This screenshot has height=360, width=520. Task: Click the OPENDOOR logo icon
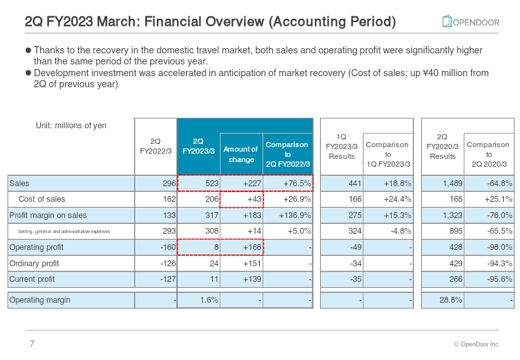pyautogui.click(x=446, y=21)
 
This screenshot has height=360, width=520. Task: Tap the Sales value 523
pyautogui.click(x=212, y=183)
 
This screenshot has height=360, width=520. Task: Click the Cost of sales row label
pyautogui.click(x=42, y=199)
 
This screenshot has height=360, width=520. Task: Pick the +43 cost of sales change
pyautogui.click(x=254, y=199)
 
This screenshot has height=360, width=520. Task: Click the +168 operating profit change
pyautogui.click(x=252, y=247)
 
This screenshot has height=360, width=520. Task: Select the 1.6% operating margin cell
pyautogui.click(x=209, y=300)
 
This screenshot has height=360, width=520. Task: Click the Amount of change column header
pyautogui.click(x=241, y=154)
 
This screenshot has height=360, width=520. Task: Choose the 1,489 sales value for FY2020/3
pyautogui.click(x=452, y=183)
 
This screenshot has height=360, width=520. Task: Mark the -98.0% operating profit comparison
pyautogui.click(x=499, y=247)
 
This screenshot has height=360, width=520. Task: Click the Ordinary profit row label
pyautogui.click(x=34, y=264)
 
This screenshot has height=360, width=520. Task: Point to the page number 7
pyautogui.click(x=32, y=344)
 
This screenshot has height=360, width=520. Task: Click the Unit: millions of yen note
pyautogui.click(x=71, y=126)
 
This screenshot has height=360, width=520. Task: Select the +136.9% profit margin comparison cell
pyautogui.click(x=295, y=215)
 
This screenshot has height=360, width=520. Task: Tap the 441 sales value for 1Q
pyautogui.click(x=355, y=183)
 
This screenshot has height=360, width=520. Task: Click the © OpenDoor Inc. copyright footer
pyautogui.click(x=476, y=344)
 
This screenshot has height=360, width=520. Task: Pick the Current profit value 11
pyautogui.click(x=214, y=279)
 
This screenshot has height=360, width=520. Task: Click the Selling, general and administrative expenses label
pyautogui.click(x=64, y=231)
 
